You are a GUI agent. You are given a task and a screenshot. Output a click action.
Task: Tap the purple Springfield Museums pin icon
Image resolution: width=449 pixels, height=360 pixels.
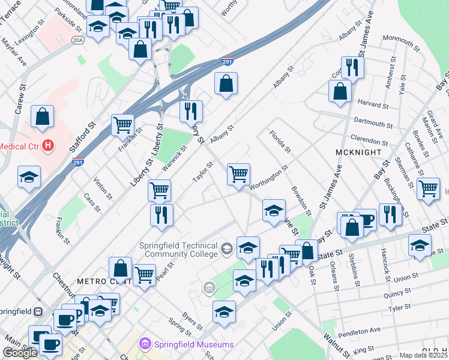click(x=145, y=344)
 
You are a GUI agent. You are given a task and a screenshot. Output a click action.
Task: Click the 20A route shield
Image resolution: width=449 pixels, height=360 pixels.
click(x=77, y=40)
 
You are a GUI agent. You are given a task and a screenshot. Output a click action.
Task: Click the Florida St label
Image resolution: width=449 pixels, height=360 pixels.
click(x=280, y=142)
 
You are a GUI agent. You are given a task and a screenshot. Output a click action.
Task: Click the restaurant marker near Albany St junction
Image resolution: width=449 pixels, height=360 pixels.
click(x=191, y=111)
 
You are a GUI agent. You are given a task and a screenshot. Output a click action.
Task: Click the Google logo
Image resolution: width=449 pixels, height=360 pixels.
click(x=20, y=353)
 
